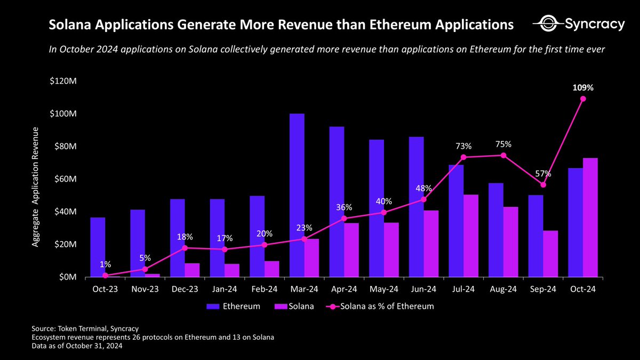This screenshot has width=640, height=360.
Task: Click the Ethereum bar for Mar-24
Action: [x=297, y=195]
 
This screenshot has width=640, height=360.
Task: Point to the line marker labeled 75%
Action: [x=503, y=155]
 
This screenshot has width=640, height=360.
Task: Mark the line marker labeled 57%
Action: [x=543, y=185]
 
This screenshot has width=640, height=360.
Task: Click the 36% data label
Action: [x=344, y=206]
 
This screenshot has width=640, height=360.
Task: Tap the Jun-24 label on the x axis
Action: [x=423, y=289]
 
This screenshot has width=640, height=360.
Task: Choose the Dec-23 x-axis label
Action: [x=185, y=289]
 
